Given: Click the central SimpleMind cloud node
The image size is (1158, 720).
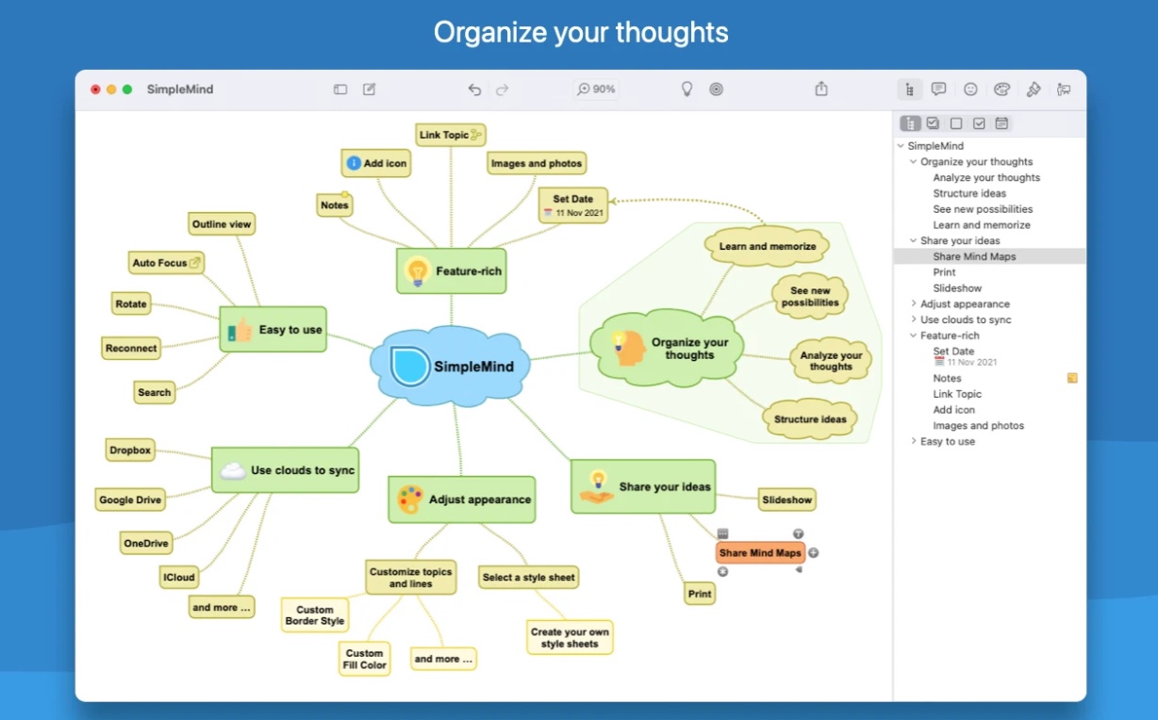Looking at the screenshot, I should click(x=452, y=366).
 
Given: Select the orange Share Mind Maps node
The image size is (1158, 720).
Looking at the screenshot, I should click(x=760, y=553).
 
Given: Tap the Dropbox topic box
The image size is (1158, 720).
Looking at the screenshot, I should click(x=129, y=450).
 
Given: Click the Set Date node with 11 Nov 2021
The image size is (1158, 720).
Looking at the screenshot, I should click(x=573, y=205).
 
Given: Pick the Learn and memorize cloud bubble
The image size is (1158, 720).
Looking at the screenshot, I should click(x=768, y=247).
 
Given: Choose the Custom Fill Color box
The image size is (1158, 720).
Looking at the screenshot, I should click(x=364, y=659).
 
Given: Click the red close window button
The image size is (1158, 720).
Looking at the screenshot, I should click(x=95, y=90).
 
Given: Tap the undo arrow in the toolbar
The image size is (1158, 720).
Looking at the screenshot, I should click(x=474, y=90).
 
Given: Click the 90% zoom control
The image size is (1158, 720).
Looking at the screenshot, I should click(x=596, y=90).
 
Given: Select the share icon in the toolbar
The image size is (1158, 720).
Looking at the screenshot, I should click(x=821, y=90).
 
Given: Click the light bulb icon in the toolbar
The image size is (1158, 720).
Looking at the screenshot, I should click(x=687, y=90).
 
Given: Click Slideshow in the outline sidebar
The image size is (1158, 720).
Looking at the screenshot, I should click(x=957, y=288).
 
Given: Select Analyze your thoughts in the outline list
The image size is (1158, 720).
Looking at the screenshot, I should click(x=986, y=177).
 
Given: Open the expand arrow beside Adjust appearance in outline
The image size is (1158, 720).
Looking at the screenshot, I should click(x=913, y=304).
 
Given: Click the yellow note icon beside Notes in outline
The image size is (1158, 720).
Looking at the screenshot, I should click(x=1072, y=378).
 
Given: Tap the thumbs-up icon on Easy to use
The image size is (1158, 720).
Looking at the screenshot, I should click(x=242, y=330).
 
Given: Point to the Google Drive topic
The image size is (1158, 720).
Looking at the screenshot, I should click(x=130, y=499).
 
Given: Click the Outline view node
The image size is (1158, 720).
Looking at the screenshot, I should click(x=222, y=224).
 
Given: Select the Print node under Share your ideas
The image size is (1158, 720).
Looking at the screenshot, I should click(x=700, y=594).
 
